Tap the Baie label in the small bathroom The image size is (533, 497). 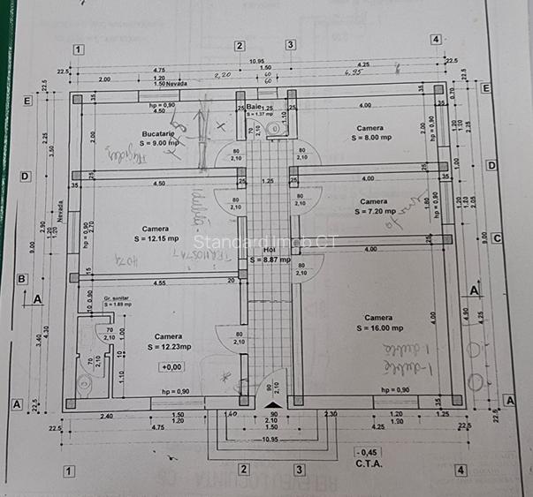(255, 106)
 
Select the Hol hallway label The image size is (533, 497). (270, 250)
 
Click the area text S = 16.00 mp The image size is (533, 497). (378, 328)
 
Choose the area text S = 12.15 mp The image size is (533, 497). (156, 238)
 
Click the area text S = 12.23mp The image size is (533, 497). (168, 347)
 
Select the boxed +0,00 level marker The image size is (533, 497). (171, 366)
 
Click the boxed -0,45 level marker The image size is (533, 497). (362, 450)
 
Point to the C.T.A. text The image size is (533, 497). (368, 462)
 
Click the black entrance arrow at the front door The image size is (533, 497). (270, 404)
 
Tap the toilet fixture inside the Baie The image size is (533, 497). (273, 130)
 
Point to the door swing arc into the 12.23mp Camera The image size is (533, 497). (227, 340)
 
